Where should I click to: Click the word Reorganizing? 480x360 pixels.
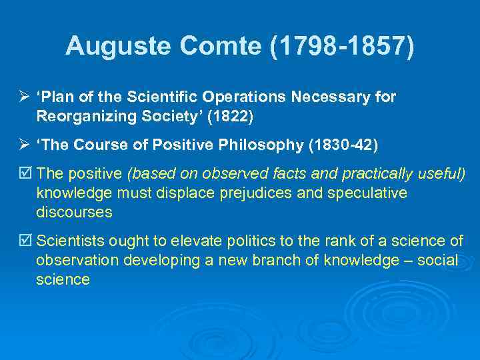(87, 117)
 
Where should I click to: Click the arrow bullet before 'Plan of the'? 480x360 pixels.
(24, 97)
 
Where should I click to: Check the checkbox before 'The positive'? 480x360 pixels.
(25, 175)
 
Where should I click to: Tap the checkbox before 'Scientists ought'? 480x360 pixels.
(25, 241)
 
